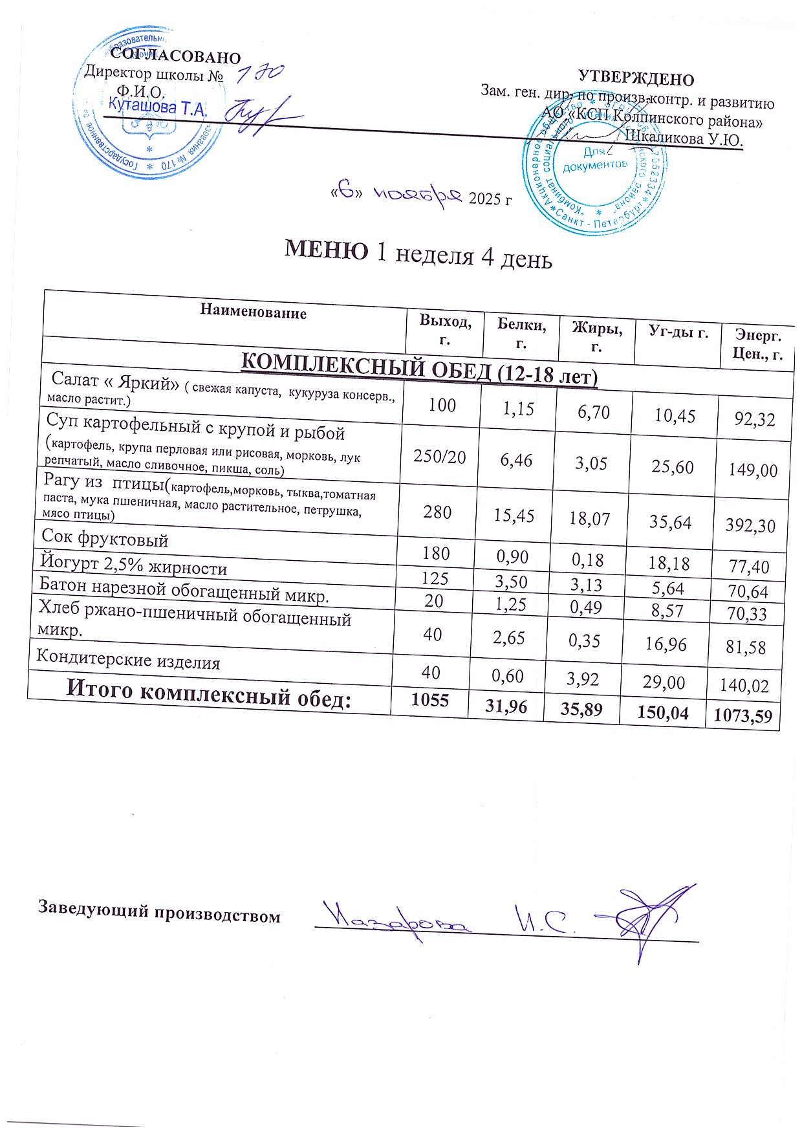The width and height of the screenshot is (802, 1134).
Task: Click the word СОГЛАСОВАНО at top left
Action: (x=175, y=58)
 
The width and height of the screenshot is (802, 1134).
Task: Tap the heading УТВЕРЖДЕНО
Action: (x=636, y=80)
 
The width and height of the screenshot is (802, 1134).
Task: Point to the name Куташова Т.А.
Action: (x=158, y=106)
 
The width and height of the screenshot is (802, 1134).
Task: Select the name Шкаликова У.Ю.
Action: (x=684, y=138)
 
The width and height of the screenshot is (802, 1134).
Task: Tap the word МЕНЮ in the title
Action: (x=327, y=250)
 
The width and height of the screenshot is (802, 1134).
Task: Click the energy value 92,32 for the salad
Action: (x=754, y=419)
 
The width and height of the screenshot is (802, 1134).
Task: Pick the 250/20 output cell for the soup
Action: (x=440, y=457)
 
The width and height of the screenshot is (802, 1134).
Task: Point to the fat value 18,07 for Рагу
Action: (x=589, y=518)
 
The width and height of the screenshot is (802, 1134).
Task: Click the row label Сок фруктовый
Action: (x=105, y=538)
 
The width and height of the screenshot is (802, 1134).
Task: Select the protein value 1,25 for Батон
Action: (x=509, y=604)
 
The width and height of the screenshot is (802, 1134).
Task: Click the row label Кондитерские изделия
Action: (x=128, y=659)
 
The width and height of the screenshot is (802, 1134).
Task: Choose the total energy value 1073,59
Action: (x=742, y=716)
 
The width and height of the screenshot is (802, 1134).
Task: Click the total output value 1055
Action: (x=430, y=700)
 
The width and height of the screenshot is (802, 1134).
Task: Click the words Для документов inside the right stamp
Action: (x=595, y=159)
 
